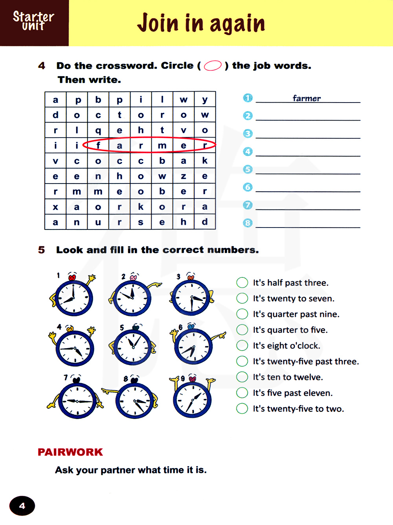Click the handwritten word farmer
click(307, 98)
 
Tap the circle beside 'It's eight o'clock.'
click(242, 345)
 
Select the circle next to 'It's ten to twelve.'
click(242, 377)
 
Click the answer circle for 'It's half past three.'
click(242, 283)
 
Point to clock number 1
click(73, 298)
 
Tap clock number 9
click(193, 400)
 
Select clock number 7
click(77, 401)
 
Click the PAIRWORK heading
click(70, 452)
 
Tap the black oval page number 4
click(22, 506)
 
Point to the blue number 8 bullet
click(248, 223)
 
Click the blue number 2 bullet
click(248, 116)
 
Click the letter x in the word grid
click(55, 207)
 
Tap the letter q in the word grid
click(98, 130)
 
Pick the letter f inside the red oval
click(98, 145)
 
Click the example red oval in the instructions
click(213, 66)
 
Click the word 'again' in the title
click(237, 24)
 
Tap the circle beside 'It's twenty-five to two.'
click(242, 408)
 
